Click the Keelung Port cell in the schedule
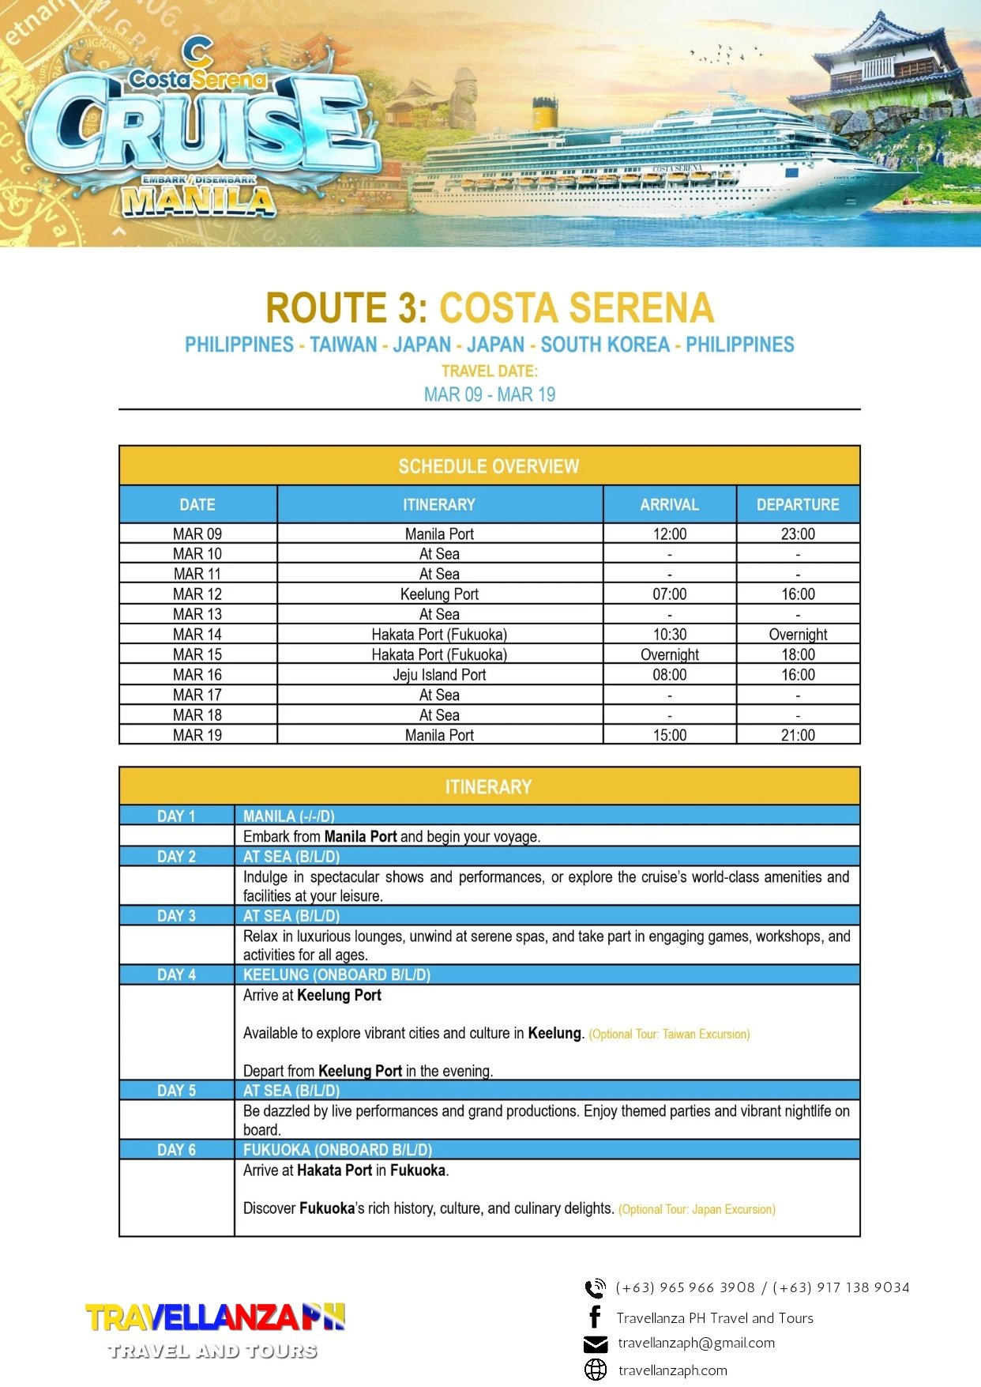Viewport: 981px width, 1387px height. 439,594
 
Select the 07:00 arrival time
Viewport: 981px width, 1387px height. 669,594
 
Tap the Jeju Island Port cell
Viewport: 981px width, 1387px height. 439,675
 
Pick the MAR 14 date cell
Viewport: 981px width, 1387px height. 197,635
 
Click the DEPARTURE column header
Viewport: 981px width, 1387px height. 798,505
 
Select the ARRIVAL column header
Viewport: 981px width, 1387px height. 669,505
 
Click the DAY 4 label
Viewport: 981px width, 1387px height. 176,975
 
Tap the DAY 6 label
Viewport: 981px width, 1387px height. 176,1150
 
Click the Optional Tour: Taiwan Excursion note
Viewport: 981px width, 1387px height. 669,1035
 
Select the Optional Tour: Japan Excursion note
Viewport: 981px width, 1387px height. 697,1210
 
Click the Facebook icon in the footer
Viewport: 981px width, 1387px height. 595,1317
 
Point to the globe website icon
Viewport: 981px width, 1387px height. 595,1370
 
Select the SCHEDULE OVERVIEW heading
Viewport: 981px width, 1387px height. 489,466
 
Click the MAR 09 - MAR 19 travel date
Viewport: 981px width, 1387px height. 490,394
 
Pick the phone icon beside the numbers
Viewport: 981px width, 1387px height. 595,1288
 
